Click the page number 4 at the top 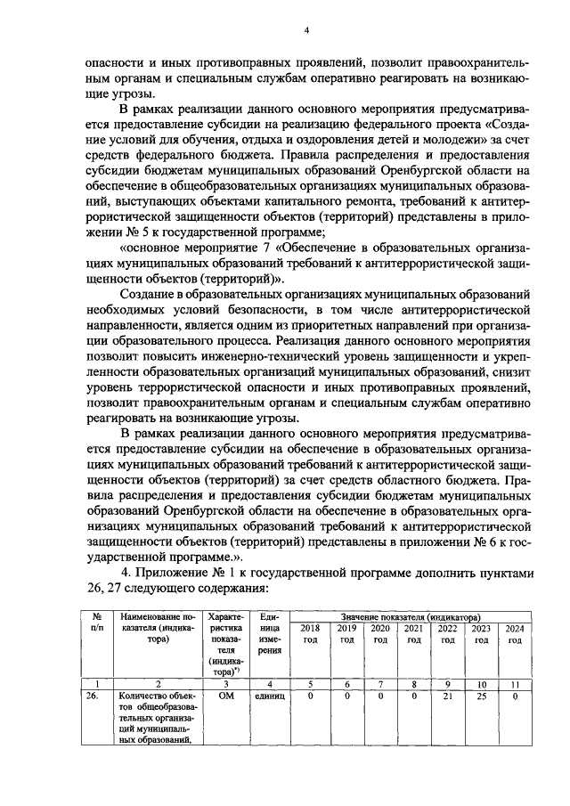[x=305, y=29]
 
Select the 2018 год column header [x=311, y=634]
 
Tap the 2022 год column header [x=447, y=634]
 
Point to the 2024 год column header [x=514, y=634]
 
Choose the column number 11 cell [x=514, y=683]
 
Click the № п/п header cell [x=92, y=623]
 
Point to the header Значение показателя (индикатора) [x=411, y=616]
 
